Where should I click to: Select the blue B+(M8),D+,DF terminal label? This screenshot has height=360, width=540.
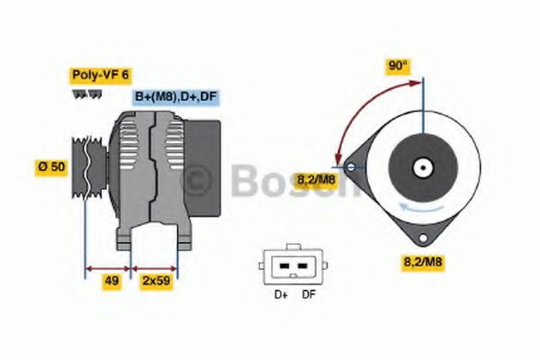[175, 97]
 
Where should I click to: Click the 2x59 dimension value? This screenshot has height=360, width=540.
[157, 281]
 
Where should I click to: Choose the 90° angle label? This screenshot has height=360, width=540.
[397, 66]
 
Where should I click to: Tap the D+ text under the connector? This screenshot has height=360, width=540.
[279, 294]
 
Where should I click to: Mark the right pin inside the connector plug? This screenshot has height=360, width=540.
[304, 266]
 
